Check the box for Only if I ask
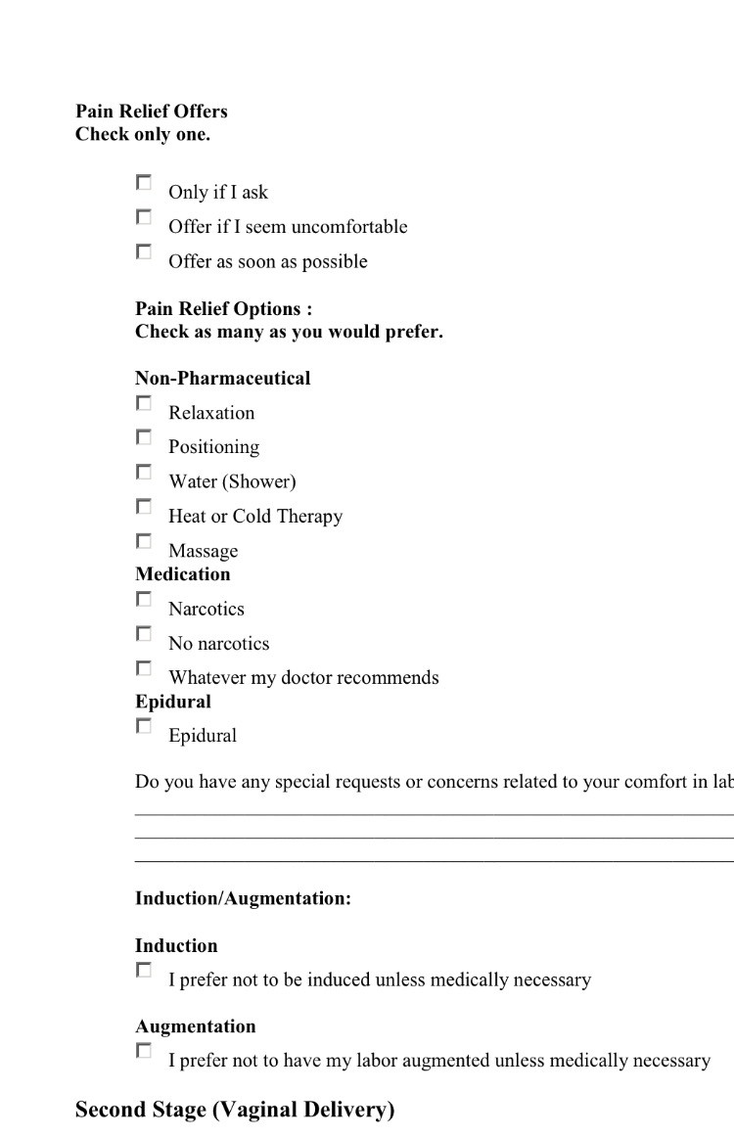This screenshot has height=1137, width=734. coord(144,183)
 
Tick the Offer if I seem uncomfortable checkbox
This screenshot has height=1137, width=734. coord(144,217)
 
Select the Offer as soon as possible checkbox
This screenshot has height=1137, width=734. coord(144,252)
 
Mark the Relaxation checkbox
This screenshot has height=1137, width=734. coord(144,403)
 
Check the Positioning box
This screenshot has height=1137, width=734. coord(144,437)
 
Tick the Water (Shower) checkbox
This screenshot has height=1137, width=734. coord(144,473)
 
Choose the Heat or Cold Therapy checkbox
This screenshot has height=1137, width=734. coord(144,507)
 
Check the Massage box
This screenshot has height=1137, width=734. coord(144,541)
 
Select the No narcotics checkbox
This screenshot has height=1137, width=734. coord(144,634)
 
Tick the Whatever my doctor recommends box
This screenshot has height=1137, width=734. coord(144,668)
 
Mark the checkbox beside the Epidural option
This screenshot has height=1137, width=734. coord(144,726)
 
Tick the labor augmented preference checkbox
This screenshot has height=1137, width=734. coord(144,1051)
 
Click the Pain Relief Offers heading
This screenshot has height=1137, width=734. coord(152,112)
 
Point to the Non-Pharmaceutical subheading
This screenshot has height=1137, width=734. coord(222,379)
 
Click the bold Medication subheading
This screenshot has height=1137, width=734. coord(183,574)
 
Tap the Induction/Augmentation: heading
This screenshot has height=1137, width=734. coord(243,899)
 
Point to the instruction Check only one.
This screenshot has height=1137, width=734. coord(143,135)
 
